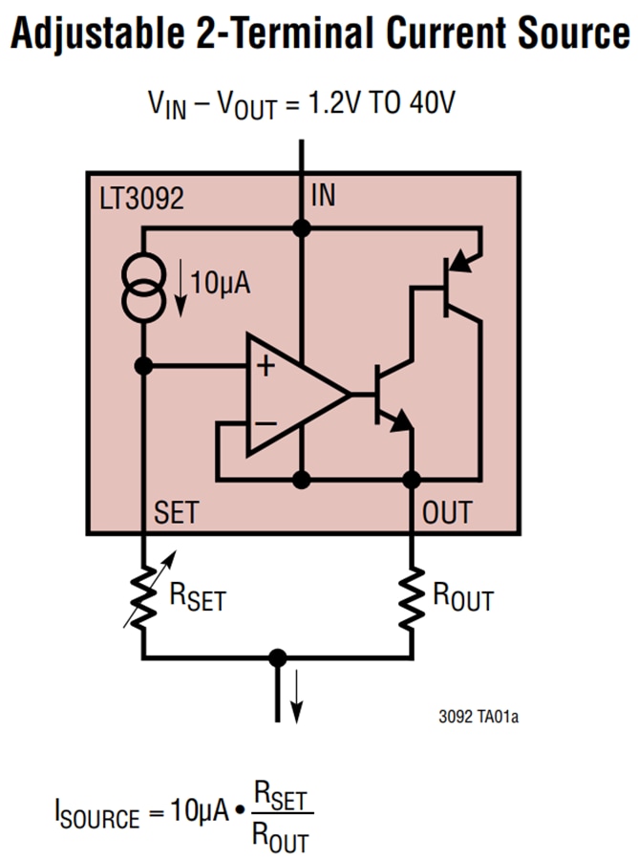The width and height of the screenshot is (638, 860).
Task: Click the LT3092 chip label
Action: [x=141, y=199]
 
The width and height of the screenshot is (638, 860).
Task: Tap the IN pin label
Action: [x=324, y=197]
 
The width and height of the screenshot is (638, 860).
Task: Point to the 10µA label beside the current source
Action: [x=220, y=283]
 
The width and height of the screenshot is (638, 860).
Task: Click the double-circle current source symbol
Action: [x=142, y=286]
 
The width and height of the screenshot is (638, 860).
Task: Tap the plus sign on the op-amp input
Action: [x=265, y=367]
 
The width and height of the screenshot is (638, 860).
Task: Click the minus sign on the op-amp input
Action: [x=265, y=421]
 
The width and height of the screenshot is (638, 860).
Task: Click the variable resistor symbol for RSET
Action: [x=142, y=597]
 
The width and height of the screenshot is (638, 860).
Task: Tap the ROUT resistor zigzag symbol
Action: [x=413, y=597]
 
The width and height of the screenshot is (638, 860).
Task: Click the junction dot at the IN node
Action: [x=302, y=228]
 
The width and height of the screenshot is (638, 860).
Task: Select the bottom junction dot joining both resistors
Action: [x=278, y=658]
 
